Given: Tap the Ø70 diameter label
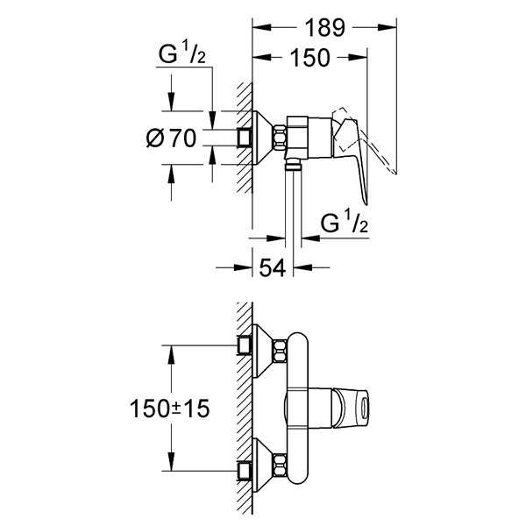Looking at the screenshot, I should [x=172, y=138].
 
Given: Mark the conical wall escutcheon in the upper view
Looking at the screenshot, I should [x=261, y=137].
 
